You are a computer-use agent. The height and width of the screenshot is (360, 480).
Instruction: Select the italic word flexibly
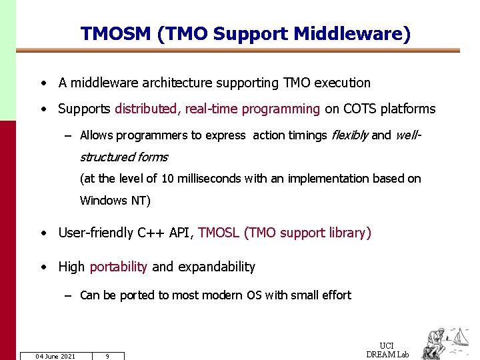pyautogui.click(x=349, y=135)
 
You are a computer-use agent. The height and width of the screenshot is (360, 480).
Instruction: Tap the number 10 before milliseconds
pyautogui.click(x=167, y=179)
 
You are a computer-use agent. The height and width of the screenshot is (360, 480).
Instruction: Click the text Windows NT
pyautogui.click(x=115, y=200)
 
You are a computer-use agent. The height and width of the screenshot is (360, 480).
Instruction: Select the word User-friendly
pyautogui.click(x=96, y=233)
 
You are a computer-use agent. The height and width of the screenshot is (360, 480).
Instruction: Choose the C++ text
pyautogui.click(x=153, y=233)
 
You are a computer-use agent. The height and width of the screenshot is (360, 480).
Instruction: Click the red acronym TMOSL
pyautogui.click(x=219, y=233)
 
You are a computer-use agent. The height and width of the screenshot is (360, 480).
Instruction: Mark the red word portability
pyautogui.click(x=118, y=267)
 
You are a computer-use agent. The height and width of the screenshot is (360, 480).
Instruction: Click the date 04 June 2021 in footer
pyautogui.click(x=55, y=356)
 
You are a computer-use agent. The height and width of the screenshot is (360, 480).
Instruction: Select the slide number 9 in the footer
pyautogui.click(x=107, y=356)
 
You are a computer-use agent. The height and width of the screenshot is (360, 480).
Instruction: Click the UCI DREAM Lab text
pyautogui.click(x=387, y=350)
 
